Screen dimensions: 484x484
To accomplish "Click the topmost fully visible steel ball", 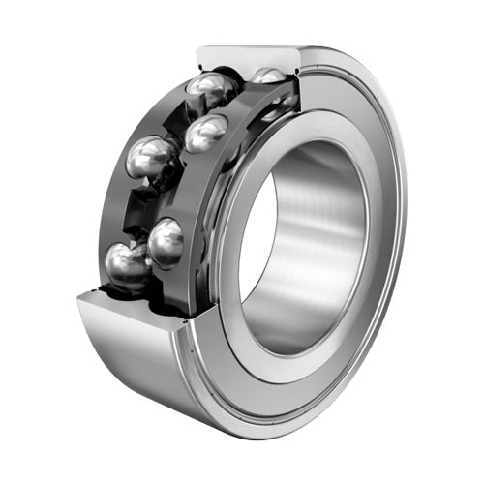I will click(211, 90).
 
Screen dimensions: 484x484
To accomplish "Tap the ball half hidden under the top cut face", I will click(268, 76).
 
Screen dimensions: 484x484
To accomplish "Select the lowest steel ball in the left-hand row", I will click(126, 265).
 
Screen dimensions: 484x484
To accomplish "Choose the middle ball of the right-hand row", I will click(205, 133).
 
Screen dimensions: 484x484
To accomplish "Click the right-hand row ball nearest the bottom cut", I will click(166, 242).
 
